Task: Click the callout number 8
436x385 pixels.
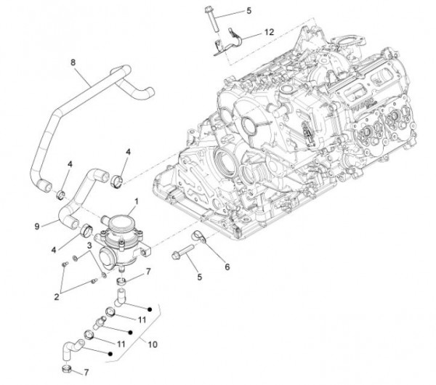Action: pyautogui.click(x=73, y=62)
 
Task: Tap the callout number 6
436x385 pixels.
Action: pyautogui.click(x=227, y=267)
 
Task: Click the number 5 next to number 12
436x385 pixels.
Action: pyautogui.click(x=249, y=11)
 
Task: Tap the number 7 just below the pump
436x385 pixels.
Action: pyautogui.click(x=148, y=271)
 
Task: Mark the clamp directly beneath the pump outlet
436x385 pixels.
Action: pyautogui.click(x=121, y=280)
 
